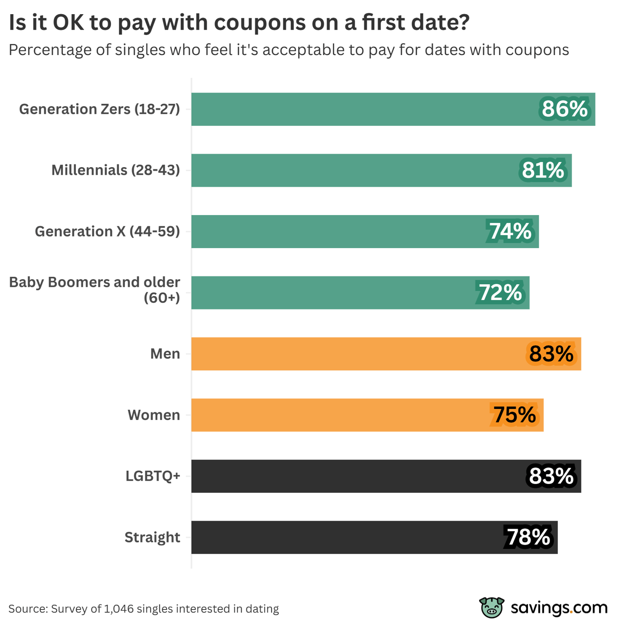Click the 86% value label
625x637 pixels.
pos(564,109)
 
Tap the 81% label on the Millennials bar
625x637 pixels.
pos(543,171)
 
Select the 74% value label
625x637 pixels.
pos(510,231)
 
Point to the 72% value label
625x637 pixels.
pos(500,293)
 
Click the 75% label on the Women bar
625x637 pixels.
pos(515,415)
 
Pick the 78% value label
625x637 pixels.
pos(528,537)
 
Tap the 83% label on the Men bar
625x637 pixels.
pos(551,354)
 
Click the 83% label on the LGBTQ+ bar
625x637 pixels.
pos(551,476)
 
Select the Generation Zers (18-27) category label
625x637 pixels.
pos(100,109)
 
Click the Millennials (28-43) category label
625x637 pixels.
pos(115,171)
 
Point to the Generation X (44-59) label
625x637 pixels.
pos(107,231)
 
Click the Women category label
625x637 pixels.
pos(154,415)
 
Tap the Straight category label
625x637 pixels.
pos(152,537)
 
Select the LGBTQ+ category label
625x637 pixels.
pos(152,476)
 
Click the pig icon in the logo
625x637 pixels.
pos(492,607)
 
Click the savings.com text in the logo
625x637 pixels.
pos(559,608)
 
